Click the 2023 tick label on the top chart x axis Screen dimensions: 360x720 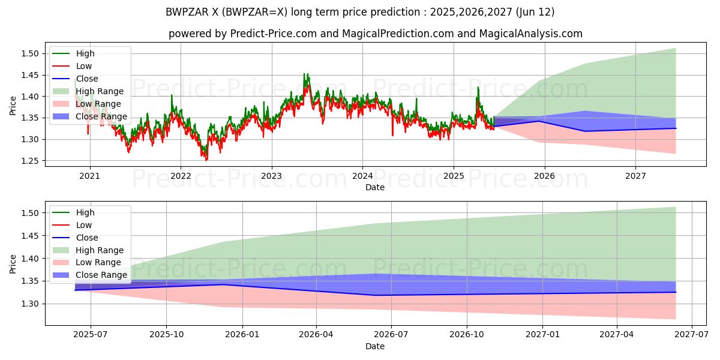[271, 176]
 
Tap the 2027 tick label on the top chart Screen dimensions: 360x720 [635, 176]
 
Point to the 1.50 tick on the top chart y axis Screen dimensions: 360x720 [29, 54]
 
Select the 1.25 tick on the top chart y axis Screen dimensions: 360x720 [29, 161]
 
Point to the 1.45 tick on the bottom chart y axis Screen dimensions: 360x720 [29, 236]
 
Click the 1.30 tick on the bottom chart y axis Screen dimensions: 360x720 [29, 304]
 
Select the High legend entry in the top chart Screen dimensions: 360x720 [85, 53]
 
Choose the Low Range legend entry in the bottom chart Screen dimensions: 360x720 [98, 262]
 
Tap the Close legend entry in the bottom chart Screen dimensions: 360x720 [87, 238]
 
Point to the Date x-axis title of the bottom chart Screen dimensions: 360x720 [375, 346]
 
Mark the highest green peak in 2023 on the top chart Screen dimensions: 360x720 [304, 74]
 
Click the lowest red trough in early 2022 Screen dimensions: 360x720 [206, 160]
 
